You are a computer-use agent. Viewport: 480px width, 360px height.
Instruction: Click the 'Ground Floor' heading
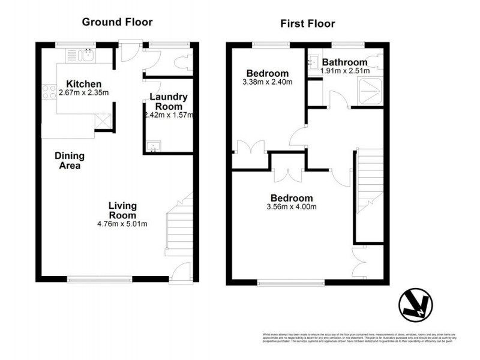[x=117, y=22]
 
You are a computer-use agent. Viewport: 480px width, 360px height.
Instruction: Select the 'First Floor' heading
[x=307, y=23]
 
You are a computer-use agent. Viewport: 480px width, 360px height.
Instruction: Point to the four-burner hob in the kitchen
[x=48, y=93]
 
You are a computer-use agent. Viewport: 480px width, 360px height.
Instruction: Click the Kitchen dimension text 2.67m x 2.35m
[x=83, y=93]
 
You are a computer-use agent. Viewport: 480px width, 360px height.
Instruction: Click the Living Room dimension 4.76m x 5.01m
[x=123, y=224]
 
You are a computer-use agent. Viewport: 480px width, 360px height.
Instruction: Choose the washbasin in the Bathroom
[x=314, y=61]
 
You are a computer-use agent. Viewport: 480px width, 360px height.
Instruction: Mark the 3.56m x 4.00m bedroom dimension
[x=292, y=207]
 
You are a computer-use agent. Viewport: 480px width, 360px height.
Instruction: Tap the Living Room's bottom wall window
[x=99, y=278]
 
